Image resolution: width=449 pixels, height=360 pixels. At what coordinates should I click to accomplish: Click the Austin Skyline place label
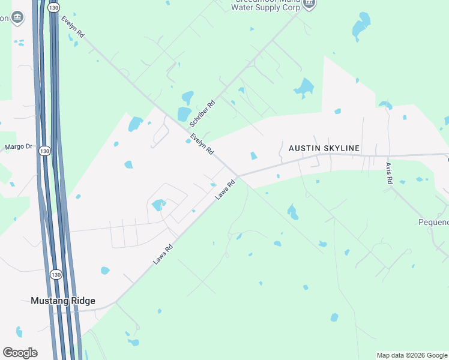click(x=324, y=148)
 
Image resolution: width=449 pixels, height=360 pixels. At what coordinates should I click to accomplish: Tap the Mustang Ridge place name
click(x=63, y=301)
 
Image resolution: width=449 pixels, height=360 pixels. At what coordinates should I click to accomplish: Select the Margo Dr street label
click(x=17, y=147)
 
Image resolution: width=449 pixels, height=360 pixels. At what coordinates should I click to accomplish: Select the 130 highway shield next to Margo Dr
click(x=44, y=151)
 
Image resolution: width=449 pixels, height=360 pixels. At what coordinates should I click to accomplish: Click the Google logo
click(x=20, y=352)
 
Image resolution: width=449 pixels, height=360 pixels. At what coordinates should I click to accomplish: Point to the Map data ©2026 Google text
click(x=412, y=355)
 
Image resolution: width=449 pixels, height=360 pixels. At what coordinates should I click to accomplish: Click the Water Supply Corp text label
click(x=273, y=7)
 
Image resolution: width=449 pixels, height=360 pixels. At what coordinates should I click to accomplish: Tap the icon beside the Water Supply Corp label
click(x=309, y=4)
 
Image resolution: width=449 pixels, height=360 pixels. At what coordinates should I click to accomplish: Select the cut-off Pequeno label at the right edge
click(x=433, y=222)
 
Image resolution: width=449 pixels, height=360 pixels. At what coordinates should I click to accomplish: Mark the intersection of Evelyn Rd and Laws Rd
click(x=238, y=176)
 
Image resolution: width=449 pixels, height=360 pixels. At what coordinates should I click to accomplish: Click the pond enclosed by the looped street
click(x=158, y=205)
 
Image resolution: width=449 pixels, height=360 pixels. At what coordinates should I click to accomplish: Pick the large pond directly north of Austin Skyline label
click(x=304, y=88)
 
